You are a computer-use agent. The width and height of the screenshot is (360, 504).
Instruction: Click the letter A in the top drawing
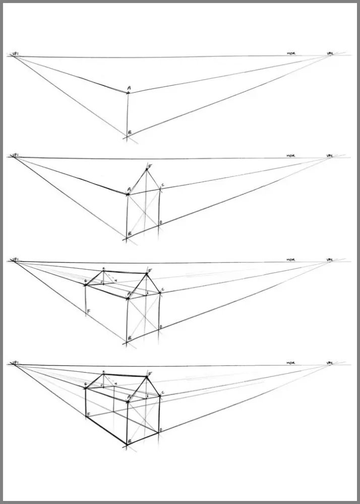[129, 88]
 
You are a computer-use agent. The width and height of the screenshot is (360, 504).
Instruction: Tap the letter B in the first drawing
[130, 133]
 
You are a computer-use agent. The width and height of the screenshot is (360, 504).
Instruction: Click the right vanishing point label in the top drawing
[330, 52]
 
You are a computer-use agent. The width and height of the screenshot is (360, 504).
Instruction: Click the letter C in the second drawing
[162, 185]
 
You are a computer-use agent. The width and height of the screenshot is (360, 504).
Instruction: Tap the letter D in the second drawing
[161, 222]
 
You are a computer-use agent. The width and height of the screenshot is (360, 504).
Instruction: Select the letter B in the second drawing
[130, 233]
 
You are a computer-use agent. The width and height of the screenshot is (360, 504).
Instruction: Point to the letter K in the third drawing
[103, 269]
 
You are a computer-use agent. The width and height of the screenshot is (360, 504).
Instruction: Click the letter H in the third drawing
[115, 280]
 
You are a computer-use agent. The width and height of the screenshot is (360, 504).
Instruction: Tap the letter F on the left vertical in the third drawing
[89, 312]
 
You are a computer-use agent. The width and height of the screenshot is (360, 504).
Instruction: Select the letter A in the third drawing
[129, 293]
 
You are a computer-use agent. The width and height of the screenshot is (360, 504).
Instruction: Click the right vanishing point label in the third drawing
[330, 260]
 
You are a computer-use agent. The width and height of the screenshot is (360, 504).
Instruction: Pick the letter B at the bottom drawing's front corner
[130, 441]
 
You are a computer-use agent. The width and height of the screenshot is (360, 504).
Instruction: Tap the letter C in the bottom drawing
[162, 393]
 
